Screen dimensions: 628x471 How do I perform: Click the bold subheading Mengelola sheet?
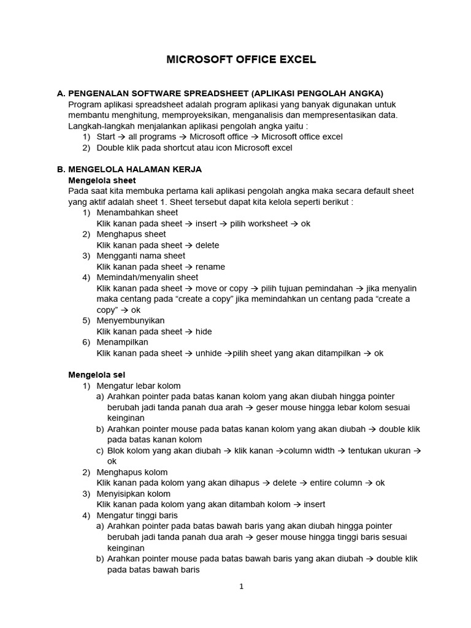(102, 180)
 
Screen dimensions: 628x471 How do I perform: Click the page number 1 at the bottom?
(242, 586)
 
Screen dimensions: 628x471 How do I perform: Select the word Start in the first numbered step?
(106, 137)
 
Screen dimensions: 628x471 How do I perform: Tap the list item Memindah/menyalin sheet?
(148, 277)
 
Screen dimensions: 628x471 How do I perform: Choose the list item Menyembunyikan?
(131, 321)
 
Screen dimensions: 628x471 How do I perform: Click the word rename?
(210, 267)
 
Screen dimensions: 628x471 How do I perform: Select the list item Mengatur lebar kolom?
(139, 386)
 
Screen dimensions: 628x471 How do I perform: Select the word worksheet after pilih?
(259, 223)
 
